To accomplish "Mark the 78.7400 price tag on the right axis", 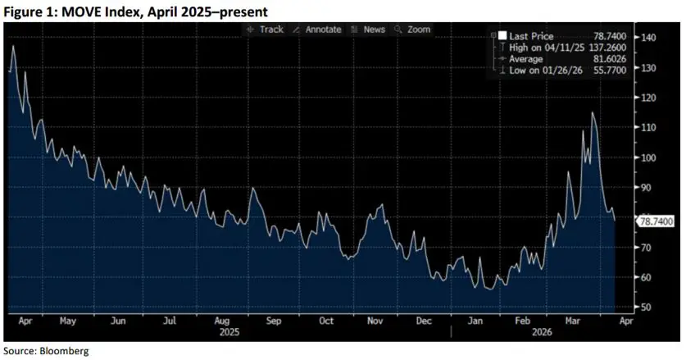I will pyautogui.click(x=656, y=221).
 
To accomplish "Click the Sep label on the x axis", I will pyautogui.click(x=274, y=322).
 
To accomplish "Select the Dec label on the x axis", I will pyautogui.click(x=424, y=322).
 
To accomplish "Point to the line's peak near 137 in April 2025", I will pyautogui.click(x=12, y=46).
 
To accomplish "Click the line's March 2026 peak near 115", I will pyautogui.click(x=592, y=112).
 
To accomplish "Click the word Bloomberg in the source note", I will pyautogui.click(x=66, y=351).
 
